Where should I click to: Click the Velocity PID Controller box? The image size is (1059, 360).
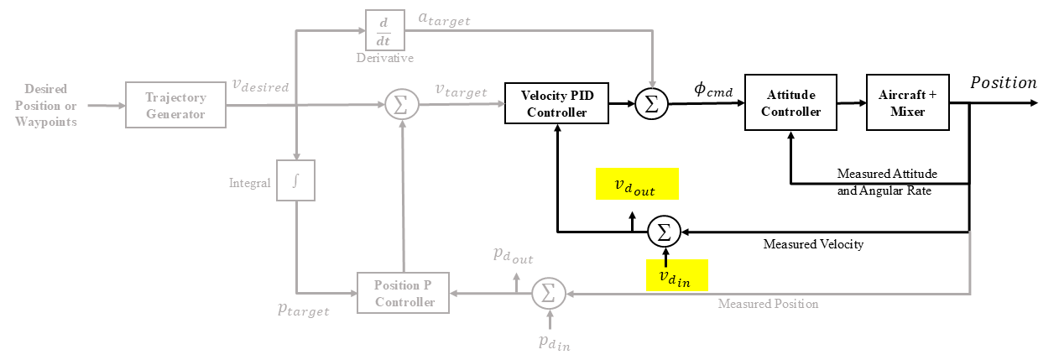[x=556, y=103]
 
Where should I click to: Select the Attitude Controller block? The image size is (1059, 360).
[x=790, y=102]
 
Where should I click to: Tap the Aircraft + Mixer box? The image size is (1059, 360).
[x=908, y=102]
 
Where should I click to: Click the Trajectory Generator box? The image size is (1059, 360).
[x=175, y=105]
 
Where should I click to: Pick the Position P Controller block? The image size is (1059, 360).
[x=403, y=293]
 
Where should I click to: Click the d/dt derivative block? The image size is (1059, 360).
[x=385, y=30]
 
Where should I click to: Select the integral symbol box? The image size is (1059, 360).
[x=295, y=180]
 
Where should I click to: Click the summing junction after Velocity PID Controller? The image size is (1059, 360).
[x=651, y=103]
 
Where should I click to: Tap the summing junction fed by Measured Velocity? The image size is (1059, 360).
[x=664, y=232]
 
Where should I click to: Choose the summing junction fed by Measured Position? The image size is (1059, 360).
[x=549, y=294]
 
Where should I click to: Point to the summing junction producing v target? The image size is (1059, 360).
[x=402, y=105]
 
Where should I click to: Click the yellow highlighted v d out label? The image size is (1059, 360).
[x=637, y=184]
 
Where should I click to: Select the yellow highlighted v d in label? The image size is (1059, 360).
[x=677, y=275]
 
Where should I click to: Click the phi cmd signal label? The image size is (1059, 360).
[x=713, y=89]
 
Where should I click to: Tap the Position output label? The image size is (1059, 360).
[x=1004, y=83]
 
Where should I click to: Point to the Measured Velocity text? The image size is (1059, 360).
[x=813, y=244]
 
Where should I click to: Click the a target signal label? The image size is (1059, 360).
[x=444, y=19]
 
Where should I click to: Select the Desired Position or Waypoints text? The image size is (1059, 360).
[x=46, y=106]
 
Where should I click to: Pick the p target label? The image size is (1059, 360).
[x=303, y=310]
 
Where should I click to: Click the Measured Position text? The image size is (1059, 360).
[x=768, y=304]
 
